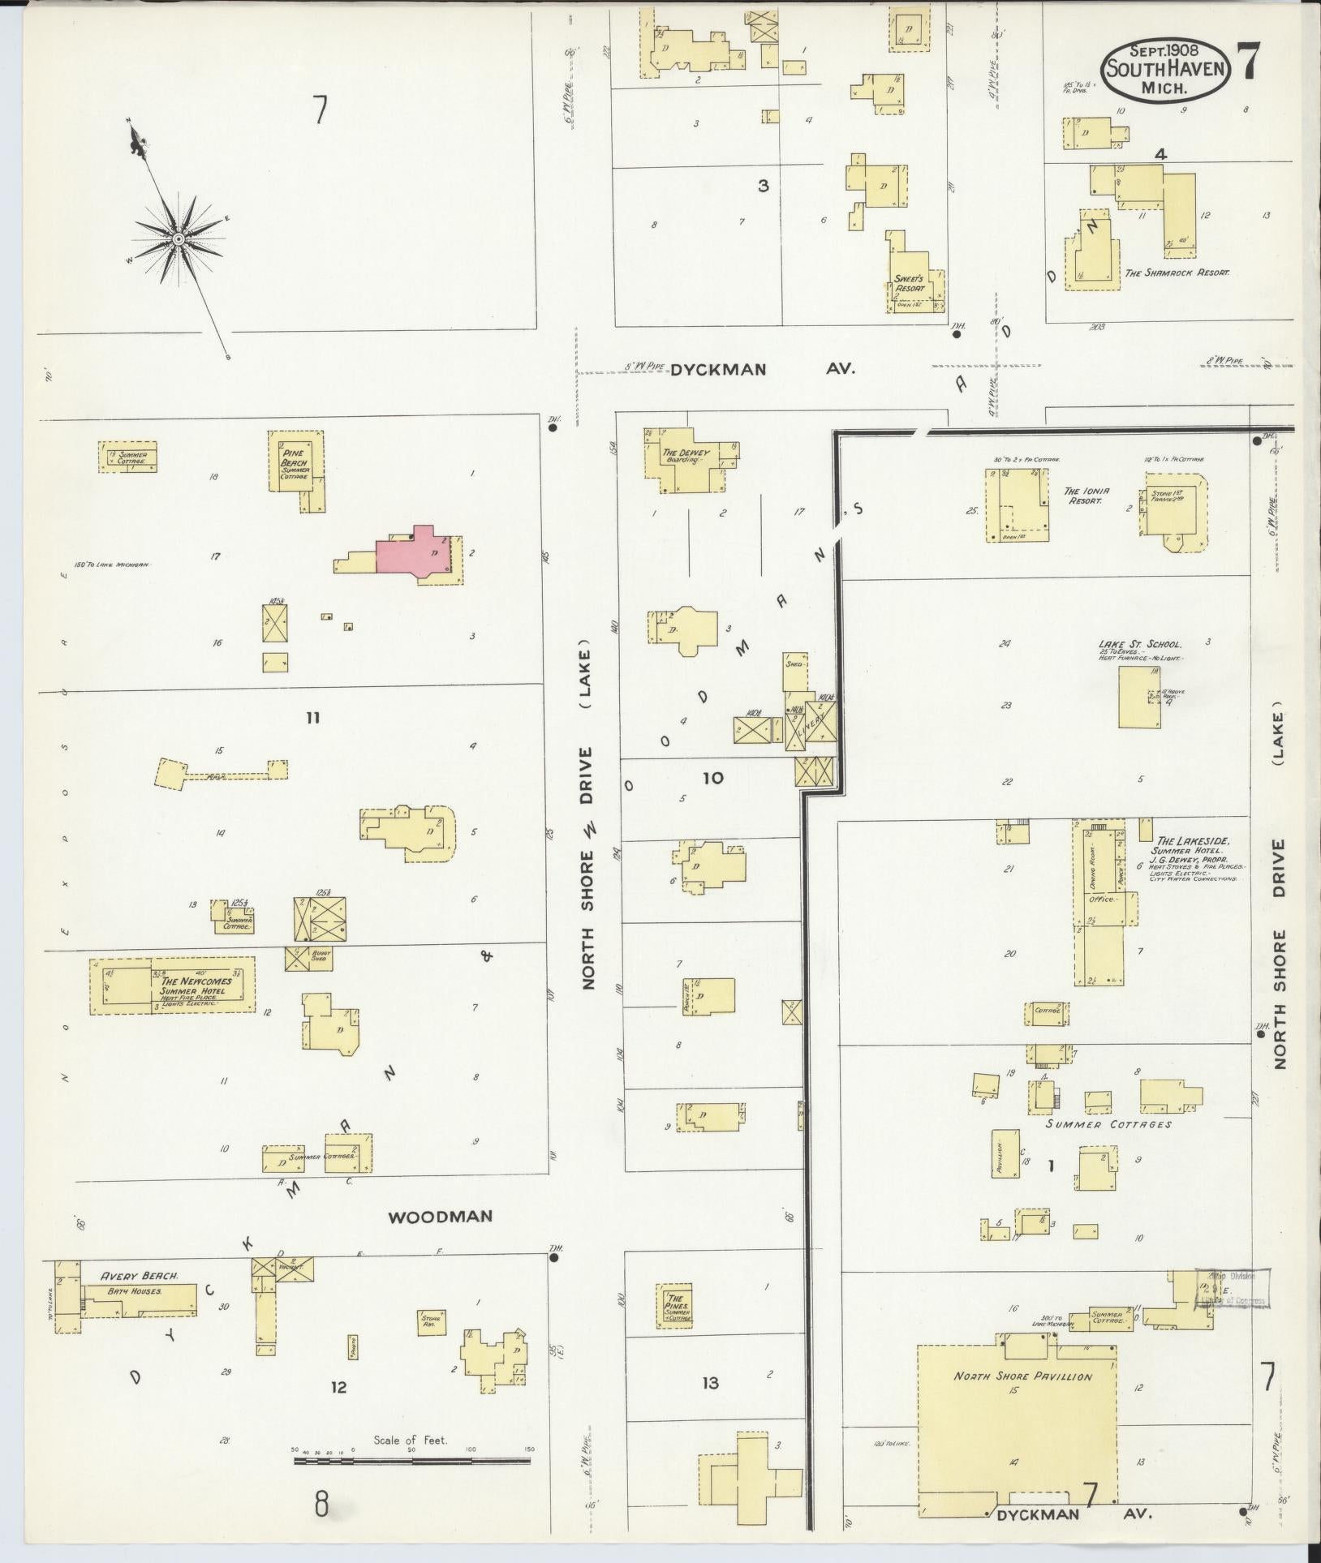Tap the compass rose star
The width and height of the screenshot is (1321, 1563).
click(178, 238)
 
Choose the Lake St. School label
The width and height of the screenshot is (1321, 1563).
click(1140, 645)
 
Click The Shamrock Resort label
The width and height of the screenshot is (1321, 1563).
click(1176, 273)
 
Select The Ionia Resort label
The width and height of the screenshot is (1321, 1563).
click(1086, 496)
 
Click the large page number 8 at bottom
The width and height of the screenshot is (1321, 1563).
click(322, 1505)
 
